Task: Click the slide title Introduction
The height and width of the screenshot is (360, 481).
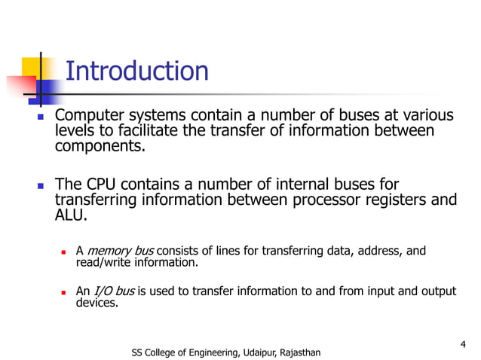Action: [x=136, y=72]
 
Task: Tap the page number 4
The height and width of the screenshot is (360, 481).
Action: [x=461, y=345]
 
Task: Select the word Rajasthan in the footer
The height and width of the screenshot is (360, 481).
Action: [x=296, y=352]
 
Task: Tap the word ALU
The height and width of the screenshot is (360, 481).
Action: [x=71, y=215]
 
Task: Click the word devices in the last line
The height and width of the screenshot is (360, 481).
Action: [x=97, y=304]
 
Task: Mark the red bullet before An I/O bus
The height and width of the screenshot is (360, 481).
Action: [x=64, y=292]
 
